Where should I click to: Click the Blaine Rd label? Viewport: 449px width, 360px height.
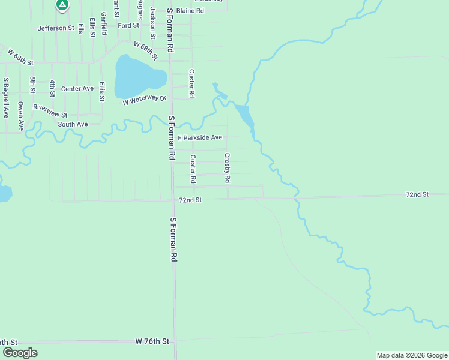click(190, 11)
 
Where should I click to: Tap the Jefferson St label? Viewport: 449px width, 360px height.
click(55, 28)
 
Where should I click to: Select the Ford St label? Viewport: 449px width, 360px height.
click(128, 25)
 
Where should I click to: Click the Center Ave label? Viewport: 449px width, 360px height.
click(77, 88)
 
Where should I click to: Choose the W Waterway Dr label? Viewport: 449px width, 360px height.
click(144, 101)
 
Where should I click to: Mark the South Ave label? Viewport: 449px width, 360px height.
click(73, 124)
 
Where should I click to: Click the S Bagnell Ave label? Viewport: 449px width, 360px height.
click(5, 97)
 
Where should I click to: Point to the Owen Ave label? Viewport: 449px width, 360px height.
click(20, 116)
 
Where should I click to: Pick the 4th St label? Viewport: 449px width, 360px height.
click(52, 88)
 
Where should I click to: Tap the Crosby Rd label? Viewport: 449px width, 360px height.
click(228, 168)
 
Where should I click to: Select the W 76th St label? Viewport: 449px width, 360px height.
click(152, 341)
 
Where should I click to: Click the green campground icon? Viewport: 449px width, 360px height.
click(61, 5)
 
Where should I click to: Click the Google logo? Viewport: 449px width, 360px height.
click(20, 353)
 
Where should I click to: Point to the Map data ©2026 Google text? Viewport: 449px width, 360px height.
click(411, 355)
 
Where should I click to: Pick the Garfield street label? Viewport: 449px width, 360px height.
click(104, 23)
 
